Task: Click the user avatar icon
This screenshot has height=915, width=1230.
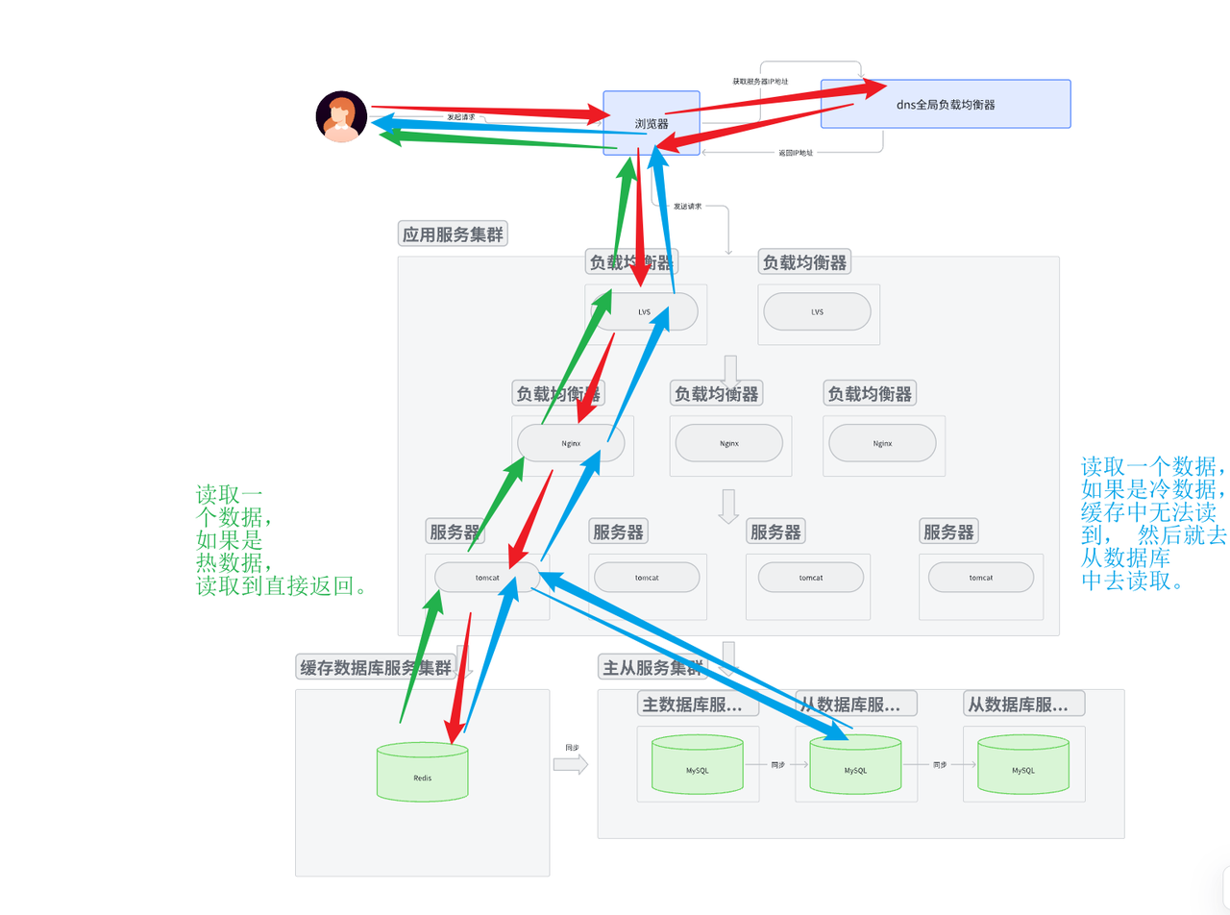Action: [341, 116]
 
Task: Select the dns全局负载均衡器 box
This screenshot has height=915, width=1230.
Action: [946, 104]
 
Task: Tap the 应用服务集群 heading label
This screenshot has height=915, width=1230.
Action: [452, 234]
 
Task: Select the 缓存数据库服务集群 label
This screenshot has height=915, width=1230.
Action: [375, 668]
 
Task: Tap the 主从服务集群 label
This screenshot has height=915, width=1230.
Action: [652, 668]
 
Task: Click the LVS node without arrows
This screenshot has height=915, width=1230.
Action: [817, 311]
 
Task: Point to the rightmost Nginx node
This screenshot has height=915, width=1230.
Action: [882, 443]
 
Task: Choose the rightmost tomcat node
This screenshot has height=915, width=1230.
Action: [980, 577]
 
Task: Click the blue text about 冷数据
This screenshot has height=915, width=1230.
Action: [1153, 524]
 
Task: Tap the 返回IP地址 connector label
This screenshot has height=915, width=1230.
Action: [796, 153]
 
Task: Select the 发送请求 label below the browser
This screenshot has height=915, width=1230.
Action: [687, 206]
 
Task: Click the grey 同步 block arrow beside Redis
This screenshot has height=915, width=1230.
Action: [571, 763]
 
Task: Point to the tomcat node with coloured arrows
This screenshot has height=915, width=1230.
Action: [486, 577]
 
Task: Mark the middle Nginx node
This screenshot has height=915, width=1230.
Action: [728, 443]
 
